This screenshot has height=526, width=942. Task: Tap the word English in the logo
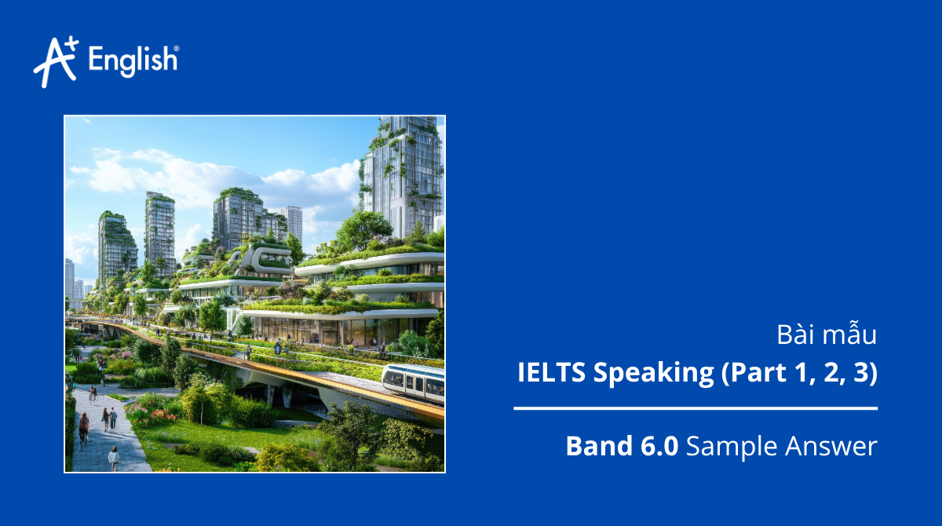point(132,61)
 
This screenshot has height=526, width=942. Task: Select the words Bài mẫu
point(826,335)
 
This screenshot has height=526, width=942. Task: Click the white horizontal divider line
point(696,408)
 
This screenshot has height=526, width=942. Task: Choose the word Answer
point(831,447)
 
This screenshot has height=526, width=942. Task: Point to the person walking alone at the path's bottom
point(114,457)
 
